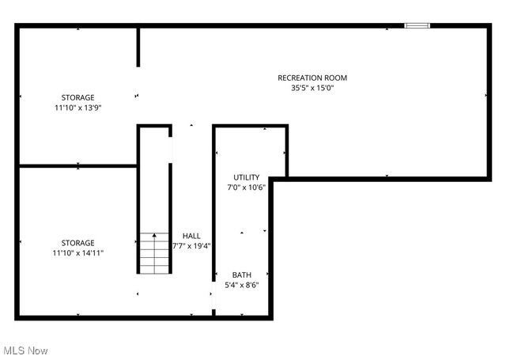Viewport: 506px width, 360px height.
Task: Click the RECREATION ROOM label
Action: tap(312, 78)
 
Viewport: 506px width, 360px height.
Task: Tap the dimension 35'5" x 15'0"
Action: tap(312, 88)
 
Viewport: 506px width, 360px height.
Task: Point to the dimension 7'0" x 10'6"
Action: tap(246, 187)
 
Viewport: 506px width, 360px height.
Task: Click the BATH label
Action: tap(242, 275)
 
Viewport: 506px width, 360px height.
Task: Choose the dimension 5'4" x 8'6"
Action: tap(242, 285)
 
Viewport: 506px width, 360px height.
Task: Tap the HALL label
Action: tap(191, 236)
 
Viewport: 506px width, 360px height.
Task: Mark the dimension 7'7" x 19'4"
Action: tap(191, 246)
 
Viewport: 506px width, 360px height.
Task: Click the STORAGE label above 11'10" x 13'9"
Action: tap(78, 97)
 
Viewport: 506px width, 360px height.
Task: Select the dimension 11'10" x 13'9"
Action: tap(78, 108)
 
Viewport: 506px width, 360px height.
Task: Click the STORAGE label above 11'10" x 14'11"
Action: tap(78, 243)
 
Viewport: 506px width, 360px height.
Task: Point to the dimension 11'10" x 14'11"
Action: tap(78, 253)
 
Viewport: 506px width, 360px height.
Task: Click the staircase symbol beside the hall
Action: tap(154, 253)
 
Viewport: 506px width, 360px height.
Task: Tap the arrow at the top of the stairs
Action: tap(154, 236)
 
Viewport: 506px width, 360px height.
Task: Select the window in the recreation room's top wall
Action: tap(417, 26)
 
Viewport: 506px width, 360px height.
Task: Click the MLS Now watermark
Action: tap(25, 350)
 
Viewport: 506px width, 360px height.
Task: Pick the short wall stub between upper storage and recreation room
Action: tap(138, 47)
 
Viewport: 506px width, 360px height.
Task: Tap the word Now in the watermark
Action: tap(38, 350)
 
